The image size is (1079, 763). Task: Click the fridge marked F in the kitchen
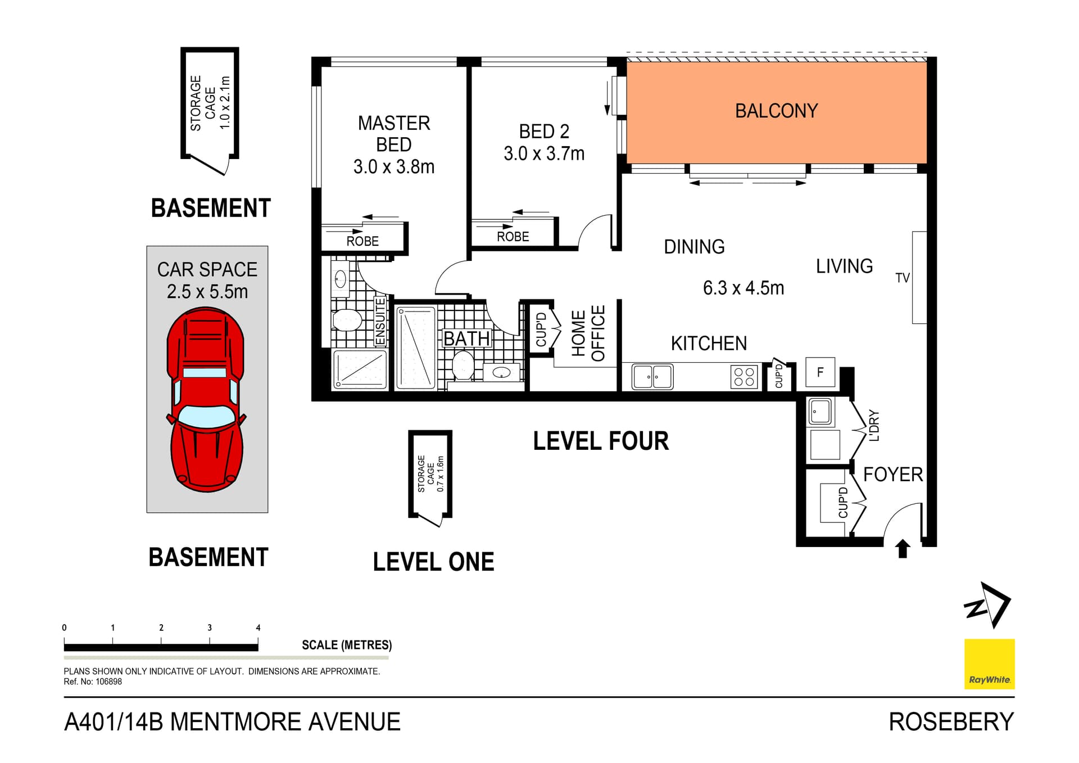pyautogui.click(x=820, y=372)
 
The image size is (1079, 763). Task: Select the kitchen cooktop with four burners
pyautogui.click(x=744, y=377)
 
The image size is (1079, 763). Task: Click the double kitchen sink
pyautogui.click(x=652, y=377)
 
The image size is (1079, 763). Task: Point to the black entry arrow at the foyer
pyautogui.click(x=903, y=548)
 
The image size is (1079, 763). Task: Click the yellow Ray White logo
pyautogui.click(x=989, y=663)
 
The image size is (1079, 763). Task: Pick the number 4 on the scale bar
pyautogui.click(x=258, y=627)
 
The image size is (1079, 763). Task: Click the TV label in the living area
pyautogui.click(x=902, y=278)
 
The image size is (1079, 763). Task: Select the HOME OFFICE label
pyautogui.click(x=588, y=333)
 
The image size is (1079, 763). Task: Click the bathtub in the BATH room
pyautogui.click(x=416, y=347)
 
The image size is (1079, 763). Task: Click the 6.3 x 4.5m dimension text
pyautogui.click(x=743, y=288)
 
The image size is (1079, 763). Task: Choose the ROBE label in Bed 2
pyautogui.click(x=513, y=237)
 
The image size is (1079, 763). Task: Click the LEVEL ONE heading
pyautogui.click(x=433, y=562)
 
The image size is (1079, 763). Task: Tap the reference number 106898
pyautogui.click(x=108, y=681)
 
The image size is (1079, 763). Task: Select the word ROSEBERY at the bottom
pyautogui.click(x=951, y=722)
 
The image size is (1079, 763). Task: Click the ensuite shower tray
pyautogui.click(x=360, y=369)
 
